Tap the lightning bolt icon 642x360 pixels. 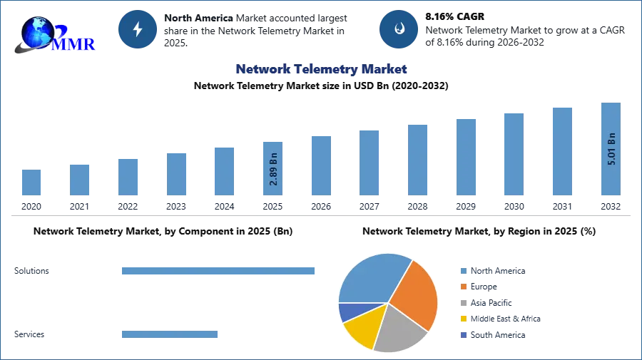[138, 29]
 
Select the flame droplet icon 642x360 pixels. [399, 29]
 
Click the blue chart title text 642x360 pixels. [322, 69]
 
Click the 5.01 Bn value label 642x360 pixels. [611, 149]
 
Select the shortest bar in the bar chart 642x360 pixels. [31, 182]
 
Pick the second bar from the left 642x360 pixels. [80, 180]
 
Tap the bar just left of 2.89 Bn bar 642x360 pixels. [223, 171]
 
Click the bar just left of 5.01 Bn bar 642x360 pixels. [562, 151]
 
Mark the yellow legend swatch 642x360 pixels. [463, 319]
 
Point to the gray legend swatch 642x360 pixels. [463, 303]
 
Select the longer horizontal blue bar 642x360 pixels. [219, 271]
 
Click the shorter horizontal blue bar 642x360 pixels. [170, 336]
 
